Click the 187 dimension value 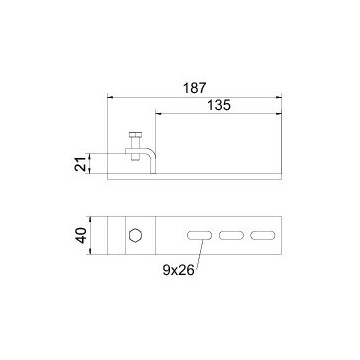(x=195, y=88)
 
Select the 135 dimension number (x=219, y=105)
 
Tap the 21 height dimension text (x=80, y=164)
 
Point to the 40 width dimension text (x=80, y=235)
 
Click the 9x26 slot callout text (x=178, y=270)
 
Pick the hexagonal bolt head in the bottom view (x=135, y=235)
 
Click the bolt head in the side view (x=135, y=135)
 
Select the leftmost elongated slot (x=199, y=235)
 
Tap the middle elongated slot (x=231, y=235)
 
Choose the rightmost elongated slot (x=263, y=235)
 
